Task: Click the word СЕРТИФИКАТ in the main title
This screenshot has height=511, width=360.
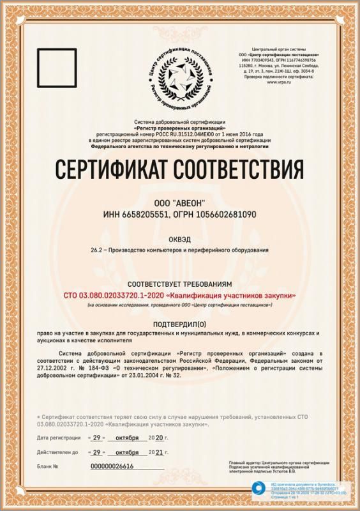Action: (112, 171)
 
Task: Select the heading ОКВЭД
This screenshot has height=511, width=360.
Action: (179, 240)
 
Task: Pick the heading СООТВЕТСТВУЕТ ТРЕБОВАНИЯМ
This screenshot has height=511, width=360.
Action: (179, 283)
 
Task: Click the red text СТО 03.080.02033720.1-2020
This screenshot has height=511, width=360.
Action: (113, 294)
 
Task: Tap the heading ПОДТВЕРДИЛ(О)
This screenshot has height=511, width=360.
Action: (179, 324)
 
